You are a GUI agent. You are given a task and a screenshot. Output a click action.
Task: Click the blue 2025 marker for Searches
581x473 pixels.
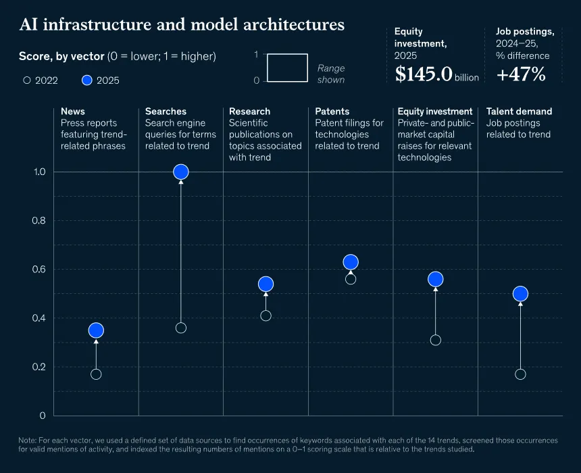pos(181,172)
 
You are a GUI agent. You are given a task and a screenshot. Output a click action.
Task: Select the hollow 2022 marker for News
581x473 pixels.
pos(96,374)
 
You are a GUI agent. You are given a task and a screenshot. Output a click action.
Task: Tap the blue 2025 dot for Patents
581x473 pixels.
pos(351,262)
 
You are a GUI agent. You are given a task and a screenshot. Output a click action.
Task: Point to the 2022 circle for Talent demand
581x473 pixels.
pos(520,374)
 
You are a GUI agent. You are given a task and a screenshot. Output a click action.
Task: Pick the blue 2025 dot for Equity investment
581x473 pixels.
pos(435,279)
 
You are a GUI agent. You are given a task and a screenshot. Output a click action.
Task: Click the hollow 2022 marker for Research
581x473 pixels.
pos(266,316)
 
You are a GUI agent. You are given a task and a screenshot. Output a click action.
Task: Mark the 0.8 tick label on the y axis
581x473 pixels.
pos(39,220)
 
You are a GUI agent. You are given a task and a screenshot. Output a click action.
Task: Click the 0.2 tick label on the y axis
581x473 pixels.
pos(39,367)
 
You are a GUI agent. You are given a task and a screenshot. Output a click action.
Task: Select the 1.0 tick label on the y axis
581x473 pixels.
pos(39,172)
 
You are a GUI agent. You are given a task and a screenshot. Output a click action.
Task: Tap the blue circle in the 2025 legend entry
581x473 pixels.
pos(86,80)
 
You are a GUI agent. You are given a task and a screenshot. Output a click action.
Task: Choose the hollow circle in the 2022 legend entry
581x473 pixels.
pos(26,80)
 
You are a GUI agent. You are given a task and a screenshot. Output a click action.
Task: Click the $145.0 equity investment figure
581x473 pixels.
pos(424,74)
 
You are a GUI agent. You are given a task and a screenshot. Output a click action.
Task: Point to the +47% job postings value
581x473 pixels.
pos(521,74)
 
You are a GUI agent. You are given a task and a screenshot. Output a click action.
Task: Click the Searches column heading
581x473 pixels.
pos(166,111)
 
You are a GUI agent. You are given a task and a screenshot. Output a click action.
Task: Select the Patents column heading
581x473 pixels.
pos(332,111)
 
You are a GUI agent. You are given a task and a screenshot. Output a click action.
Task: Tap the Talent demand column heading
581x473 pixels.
pos(519,111)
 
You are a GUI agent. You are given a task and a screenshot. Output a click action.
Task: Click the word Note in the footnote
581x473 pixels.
pos(27,441)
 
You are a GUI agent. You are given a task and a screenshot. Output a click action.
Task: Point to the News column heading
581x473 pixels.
pos(73,111)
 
